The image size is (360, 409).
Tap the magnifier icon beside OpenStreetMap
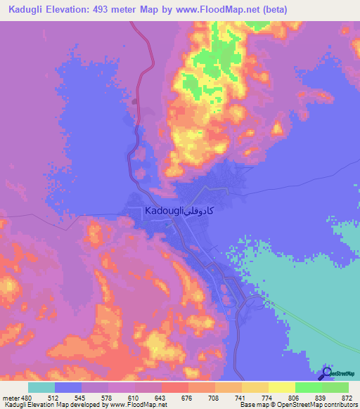point(326,373)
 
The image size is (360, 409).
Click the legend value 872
point(347,397)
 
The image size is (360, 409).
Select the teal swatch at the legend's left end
point(41,387)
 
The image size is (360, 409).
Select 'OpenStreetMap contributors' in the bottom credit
point(320,405)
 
